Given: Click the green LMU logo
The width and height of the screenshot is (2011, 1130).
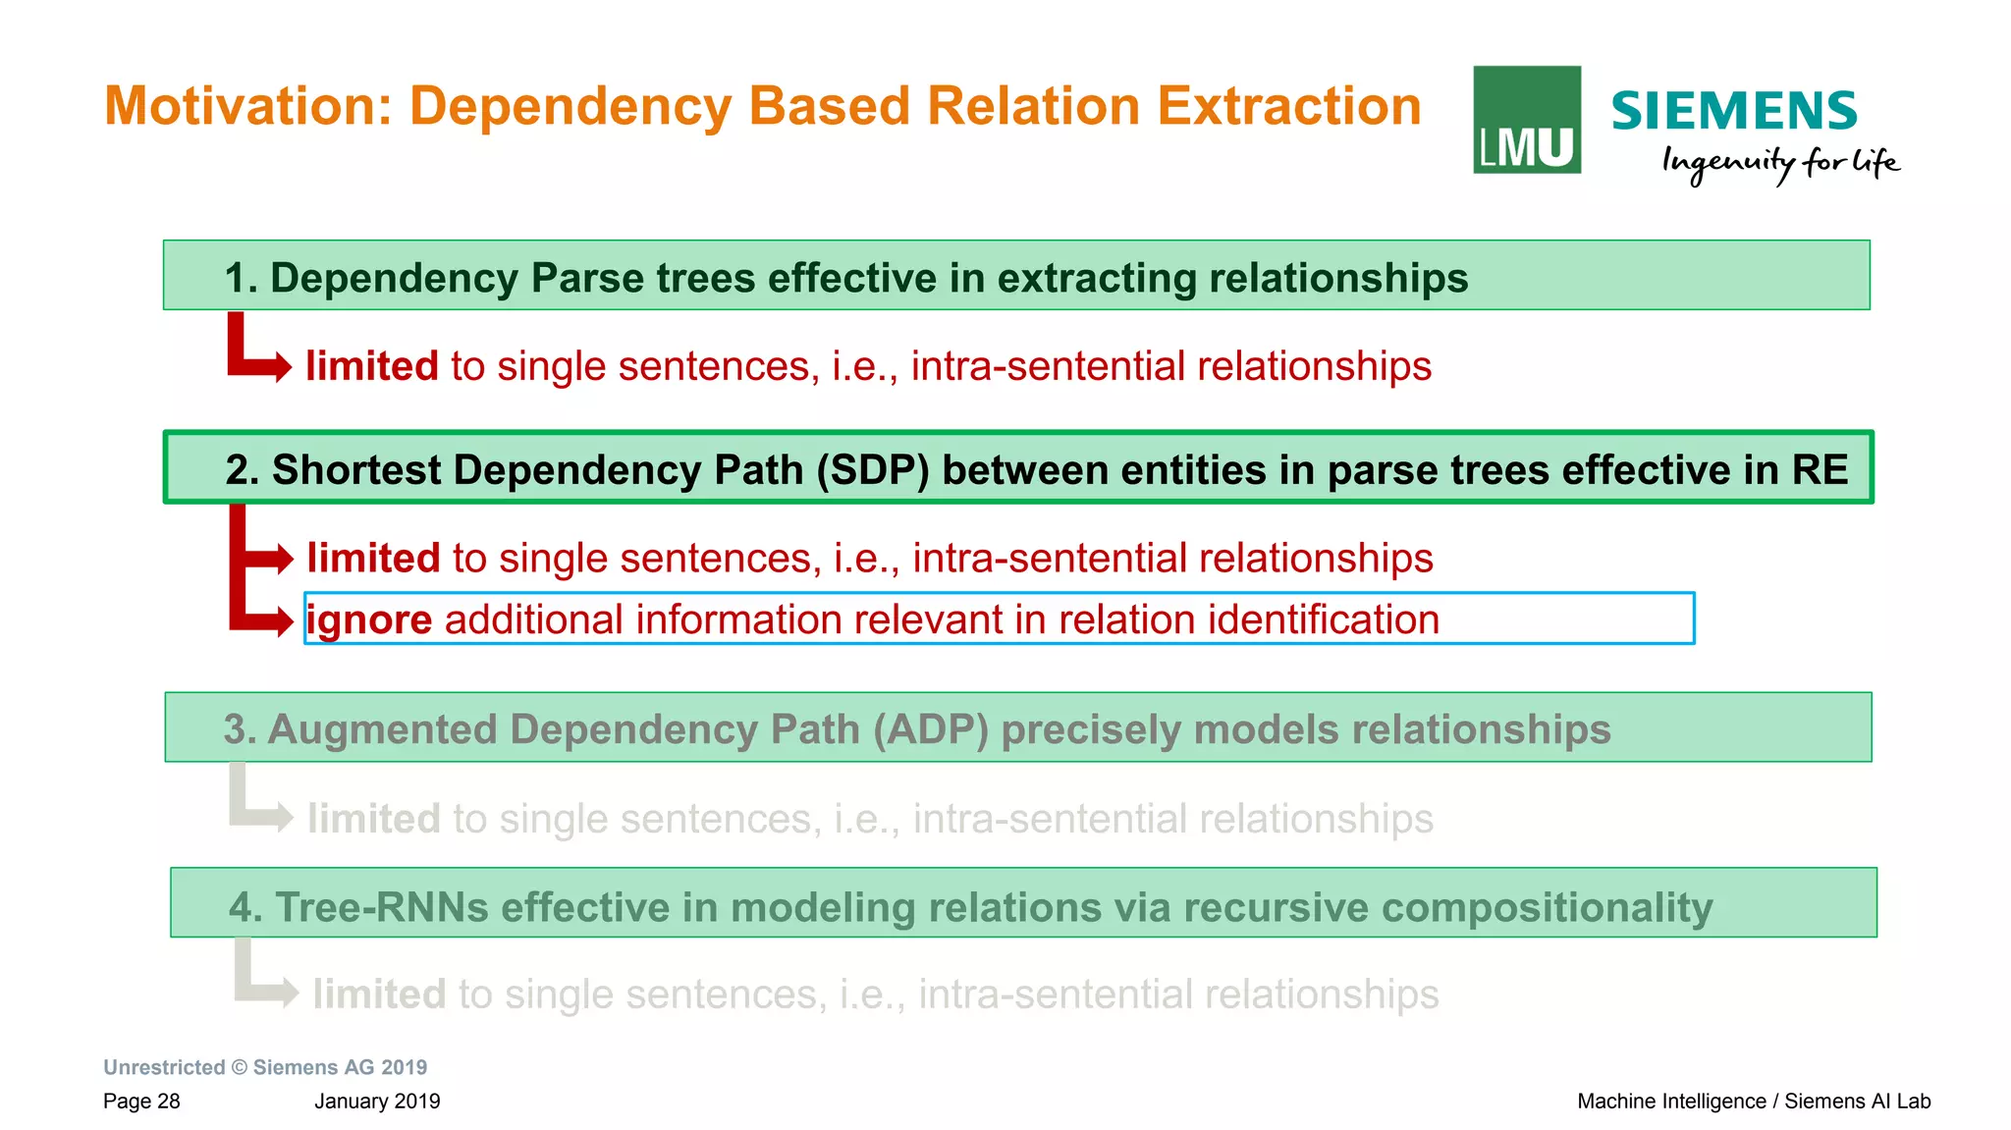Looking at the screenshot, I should (x=1526, y=120).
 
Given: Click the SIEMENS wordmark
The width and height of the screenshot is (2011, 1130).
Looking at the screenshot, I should (x=1733, y=111).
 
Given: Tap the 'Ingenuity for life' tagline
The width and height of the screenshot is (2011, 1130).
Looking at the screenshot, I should (x=1779, y=163).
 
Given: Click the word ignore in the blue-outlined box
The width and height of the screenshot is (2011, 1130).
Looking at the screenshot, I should (x=369, y=620).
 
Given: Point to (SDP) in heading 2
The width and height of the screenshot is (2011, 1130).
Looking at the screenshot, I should (x=872, y=470).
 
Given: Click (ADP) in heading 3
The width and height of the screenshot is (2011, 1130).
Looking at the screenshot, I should (x=929, y=729).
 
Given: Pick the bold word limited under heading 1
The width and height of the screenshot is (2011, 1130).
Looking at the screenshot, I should (x=371, y=366).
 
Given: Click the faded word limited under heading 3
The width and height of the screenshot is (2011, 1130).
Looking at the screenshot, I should (x=373, y=819).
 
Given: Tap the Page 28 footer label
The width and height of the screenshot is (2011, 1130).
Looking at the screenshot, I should (x=141, y=1102).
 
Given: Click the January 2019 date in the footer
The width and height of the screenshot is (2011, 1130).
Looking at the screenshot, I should (x=377, y=1102).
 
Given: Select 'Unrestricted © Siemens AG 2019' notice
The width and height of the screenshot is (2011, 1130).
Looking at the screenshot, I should (x=265, y=1067).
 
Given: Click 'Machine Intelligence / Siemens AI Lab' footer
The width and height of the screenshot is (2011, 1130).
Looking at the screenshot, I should (x=1753, y=1102).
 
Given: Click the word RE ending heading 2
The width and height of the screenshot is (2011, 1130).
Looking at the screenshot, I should (x=1819, y=470).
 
